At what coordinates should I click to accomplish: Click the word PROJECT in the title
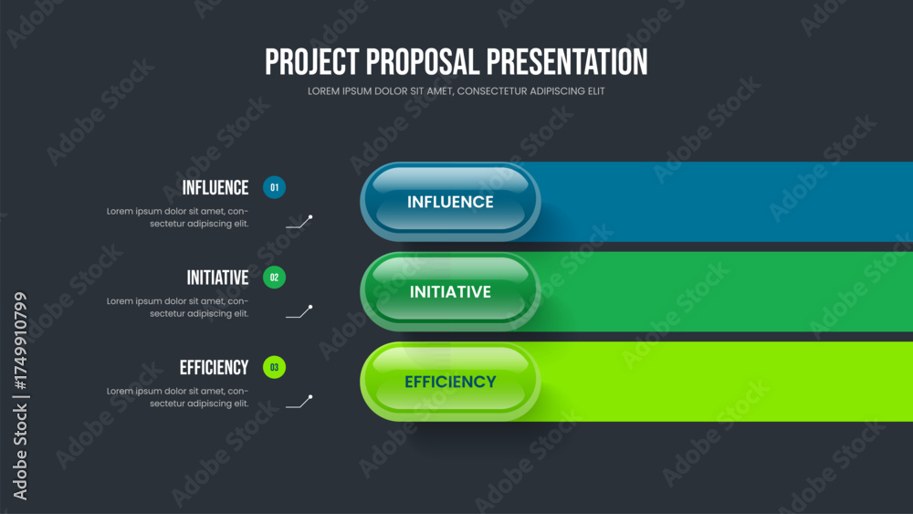click(312, 62)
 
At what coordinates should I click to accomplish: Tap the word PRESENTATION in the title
click(567, 62)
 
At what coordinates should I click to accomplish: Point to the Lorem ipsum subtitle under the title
click(456, 91)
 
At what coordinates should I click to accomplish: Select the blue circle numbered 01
click(274, 187)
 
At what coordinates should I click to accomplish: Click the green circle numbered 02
click(274, 277)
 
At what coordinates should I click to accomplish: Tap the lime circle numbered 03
click(274, 367)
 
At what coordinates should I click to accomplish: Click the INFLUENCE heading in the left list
click(215, 187)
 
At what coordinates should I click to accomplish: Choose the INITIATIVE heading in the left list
click(218, 278)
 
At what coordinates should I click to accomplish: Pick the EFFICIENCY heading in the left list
click(215, 367)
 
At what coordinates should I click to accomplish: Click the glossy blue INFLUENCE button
click(450, 202)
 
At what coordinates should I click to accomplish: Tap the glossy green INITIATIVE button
click(450, 291)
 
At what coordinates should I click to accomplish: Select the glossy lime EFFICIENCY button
click(450, 382)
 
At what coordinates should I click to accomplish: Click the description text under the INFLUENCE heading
click(178, 217)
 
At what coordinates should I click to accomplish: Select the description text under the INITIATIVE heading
click(178, 308)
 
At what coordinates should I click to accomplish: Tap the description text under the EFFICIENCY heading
click(178, 397)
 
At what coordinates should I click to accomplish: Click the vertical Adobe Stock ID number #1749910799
click(20, 341)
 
